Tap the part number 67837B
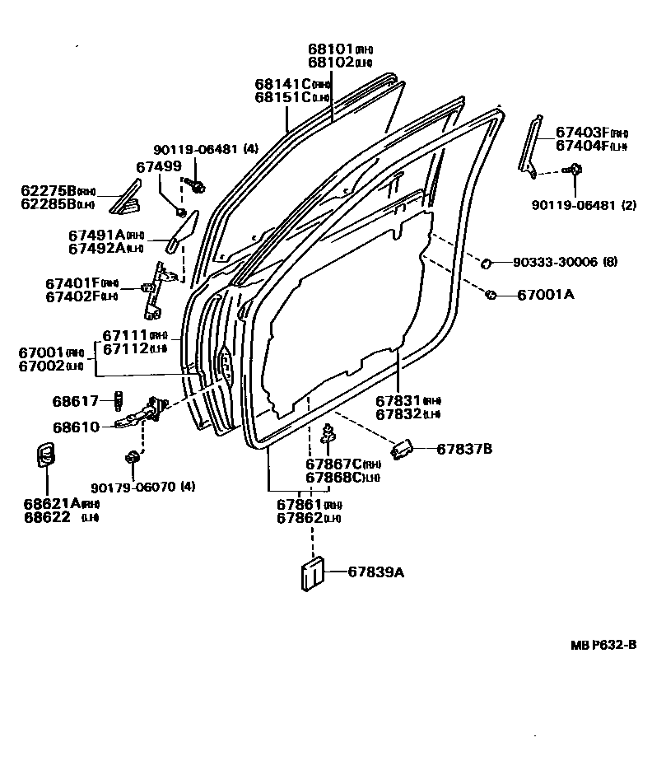463,449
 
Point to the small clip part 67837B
402,450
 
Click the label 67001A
545,295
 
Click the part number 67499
157,167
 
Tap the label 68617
75,401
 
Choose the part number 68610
75,427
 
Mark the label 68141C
282,84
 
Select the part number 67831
398,400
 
